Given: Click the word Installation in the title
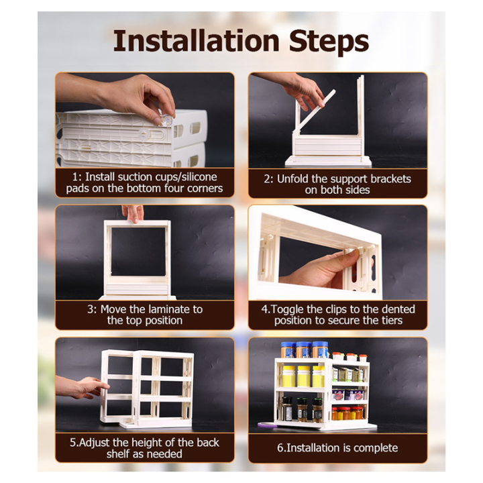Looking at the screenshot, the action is (196, 42).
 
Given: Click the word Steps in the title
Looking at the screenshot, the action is (329, 43).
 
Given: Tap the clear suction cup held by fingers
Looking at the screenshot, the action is (166, 119).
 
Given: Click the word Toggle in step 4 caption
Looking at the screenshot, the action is (288, 309).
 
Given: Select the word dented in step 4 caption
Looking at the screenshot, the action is (398, 309).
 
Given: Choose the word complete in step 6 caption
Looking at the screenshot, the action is (376, 448).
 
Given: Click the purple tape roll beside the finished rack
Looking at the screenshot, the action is (267, 425).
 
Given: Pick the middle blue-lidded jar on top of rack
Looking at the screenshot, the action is (304, 350).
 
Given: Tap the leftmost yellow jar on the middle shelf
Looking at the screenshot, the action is (288, 376).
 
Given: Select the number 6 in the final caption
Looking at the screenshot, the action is (280, 448).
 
